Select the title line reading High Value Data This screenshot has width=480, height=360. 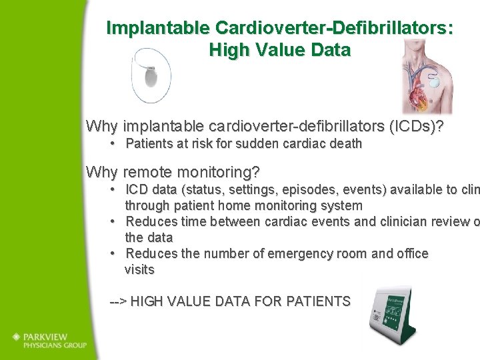click(279, 50)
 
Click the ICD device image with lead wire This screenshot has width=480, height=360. click(151, 75)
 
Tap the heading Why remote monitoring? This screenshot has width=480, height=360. click(173, 172)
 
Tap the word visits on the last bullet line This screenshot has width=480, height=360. click(139, 269)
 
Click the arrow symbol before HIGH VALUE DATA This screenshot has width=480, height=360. click(118, 301)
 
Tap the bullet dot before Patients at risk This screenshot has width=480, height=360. click(115, 143)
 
